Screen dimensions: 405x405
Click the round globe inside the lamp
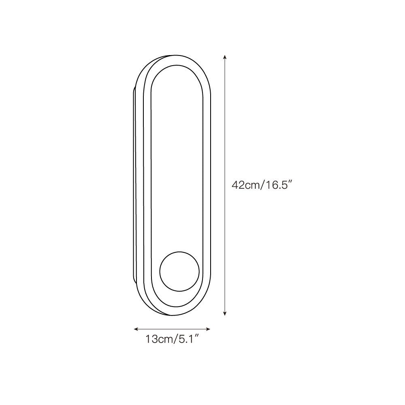coord(179,271)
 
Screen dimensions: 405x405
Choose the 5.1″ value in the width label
coord(188,339)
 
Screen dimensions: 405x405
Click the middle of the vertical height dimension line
coord(225,185)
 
